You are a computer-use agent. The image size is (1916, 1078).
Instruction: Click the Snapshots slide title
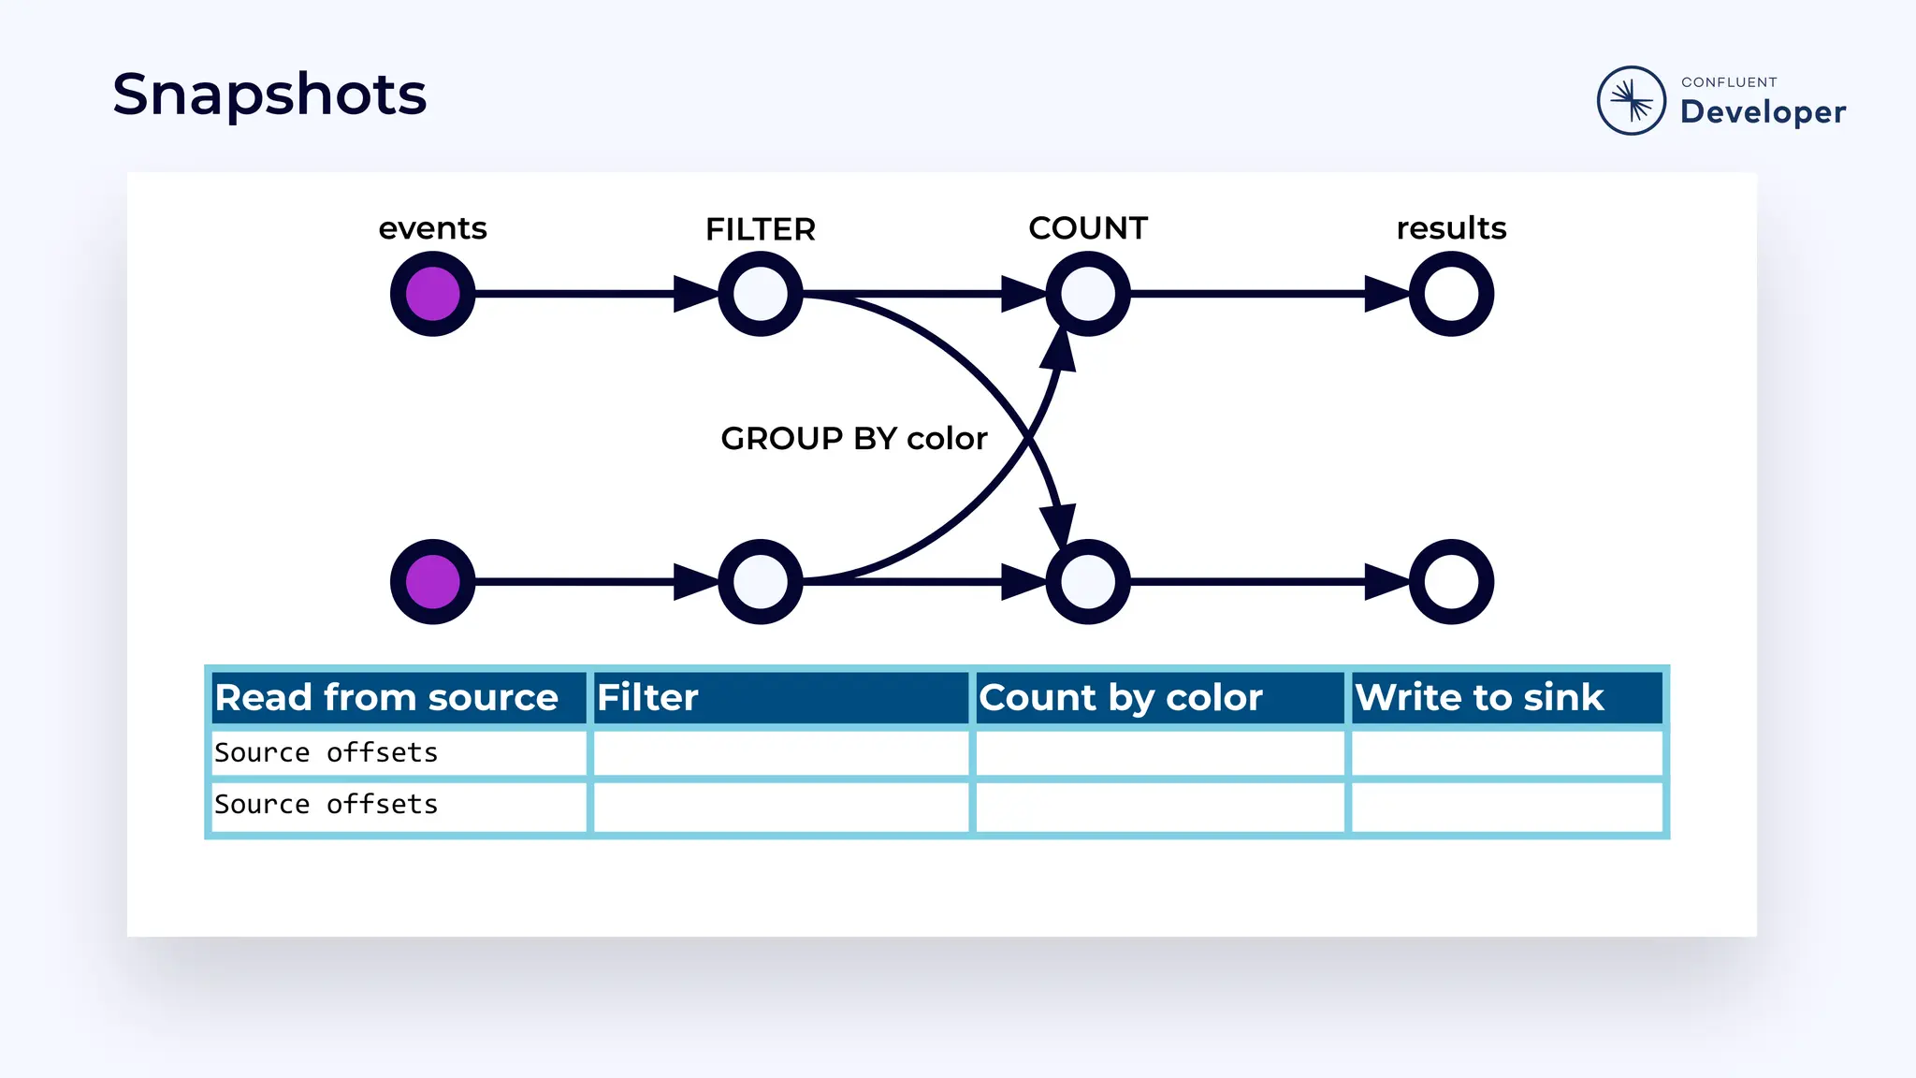[x=269, y=95]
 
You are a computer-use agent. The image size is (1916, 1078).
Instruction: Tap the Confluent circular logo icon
[x=1631, y=100]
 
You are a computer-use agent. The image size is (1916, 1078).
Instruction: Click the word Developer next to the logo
[x=1763, y=112]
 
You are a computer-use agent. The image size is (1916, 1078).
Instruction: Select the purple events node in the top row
[x=432, y=294]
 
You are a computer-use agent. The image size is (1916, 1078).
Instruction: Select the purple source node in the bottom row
[x=432, y=581]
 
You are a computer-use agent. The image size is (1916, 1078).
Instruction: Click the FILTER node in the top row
[x=760, y=294]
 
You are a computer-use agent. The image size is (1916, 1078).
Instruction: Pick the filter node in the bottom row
[x=760, y=581]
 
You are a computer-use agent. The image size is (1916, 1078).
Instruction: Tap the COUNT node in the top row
[x=1087, y=294]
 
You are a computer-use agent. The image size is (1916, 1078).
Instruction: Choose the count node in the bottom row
[x=1087, y=581]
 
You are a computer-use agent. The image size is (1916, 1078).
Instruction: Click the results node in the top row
[x=1451, y=294]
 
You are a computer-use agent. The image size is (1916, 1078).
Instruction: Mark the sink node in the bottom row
[x=1451, y=581]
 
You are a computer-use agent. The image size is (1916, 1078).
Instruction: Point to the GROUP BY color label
[x=853, y=438]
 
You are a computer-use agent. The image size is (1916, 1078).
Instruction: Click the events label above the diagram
[x=432, y=228]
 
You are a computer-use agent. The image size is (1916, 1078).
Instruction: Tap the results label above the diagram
[x=1451, y=228]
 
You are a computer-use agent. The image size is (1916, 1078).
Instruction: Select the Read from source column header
[x=387, y=698]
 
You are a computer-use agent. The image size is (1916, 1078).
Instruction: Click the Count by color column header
[x=1121, y=698]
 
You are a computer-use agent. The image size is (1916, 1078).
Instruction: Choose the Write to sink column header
[x=1479, y=698]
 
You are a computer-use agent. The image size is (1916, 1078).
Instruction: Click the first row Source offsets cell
[x=327, y=752]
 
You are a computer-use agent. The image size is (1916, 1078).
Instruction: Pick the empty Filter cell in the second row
[x=781, y=805]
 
